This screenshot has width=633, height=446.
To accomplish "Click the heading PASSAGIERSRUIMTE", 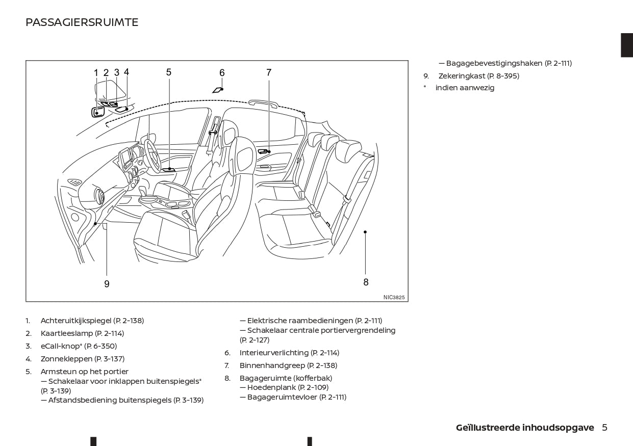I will (82, 22).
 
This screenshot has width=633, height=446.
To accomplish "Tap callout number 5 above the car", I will (169, 72).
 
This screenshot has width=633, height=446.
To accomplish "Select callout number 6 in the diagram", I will (222, 73).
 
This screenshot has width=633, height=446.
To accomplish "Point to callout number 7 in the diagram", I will (269, 73).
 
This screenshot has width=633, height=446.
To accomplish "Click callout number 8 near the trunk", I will (366, 282).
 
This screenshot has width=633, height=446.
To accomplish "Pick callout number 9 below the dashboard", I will (107, 284).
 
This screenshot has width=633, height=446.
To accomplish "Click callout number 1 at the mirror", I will (96, 73).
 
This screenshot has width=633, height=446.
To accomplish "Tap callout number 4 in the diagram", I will (126, 72).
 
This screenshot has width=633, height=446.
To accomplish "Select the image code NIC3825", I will (394, 297).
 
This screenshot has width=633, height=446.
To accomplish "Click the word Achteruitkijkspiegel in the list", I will (76, 321).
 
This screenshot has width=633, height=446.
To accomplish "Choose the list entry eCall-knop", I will (61, 346).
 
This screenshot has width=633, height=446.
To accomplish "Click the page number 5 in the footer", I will (604, 428).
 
